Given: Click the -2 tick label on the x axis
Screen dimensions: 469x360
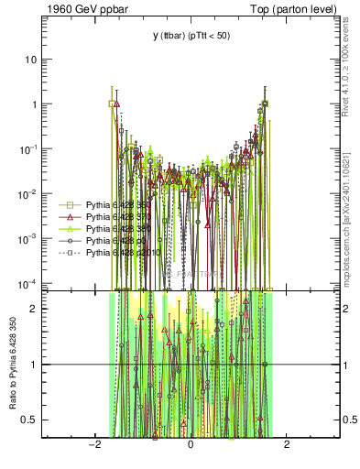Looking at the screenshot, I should click(x=93, y=445).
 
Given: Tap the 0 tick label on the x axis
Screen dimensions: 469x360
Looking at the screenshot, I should click(x=191, y=445).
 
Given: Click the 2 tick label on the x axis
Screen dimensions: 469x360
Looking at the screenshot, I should click(x=287, y=445).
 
